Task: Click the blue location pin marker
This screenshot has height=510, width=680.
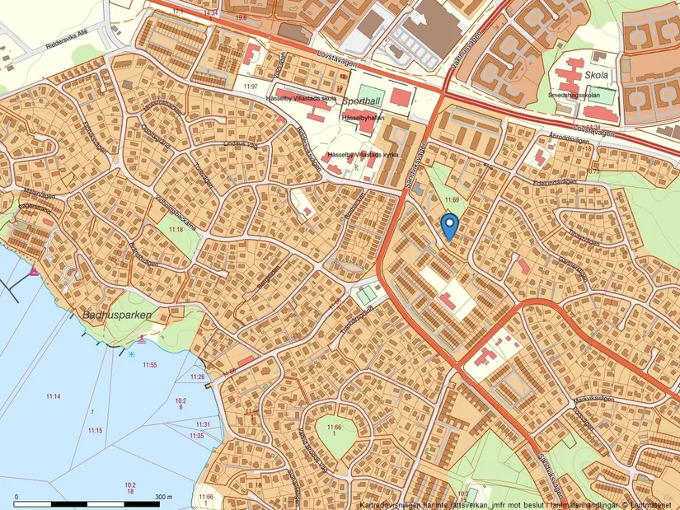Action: [449, 225]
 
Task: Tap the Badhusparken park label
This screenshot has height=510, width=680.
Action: [113, 315]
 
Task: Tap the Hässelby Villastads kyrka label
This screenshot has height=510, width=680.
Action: [363, 155]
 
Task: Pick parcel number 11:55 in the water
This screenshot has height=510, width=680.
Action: [149, 364]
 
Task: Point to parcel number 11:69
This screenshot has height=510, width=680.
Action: [451, 200]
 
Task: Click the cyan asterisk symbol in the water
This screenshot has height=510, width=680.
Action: [132, 353]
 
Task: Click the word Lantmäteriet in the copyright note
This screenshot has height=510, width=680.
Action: [651, 504]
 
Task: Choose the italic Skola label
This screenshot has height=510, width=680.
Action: [595, 73]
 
